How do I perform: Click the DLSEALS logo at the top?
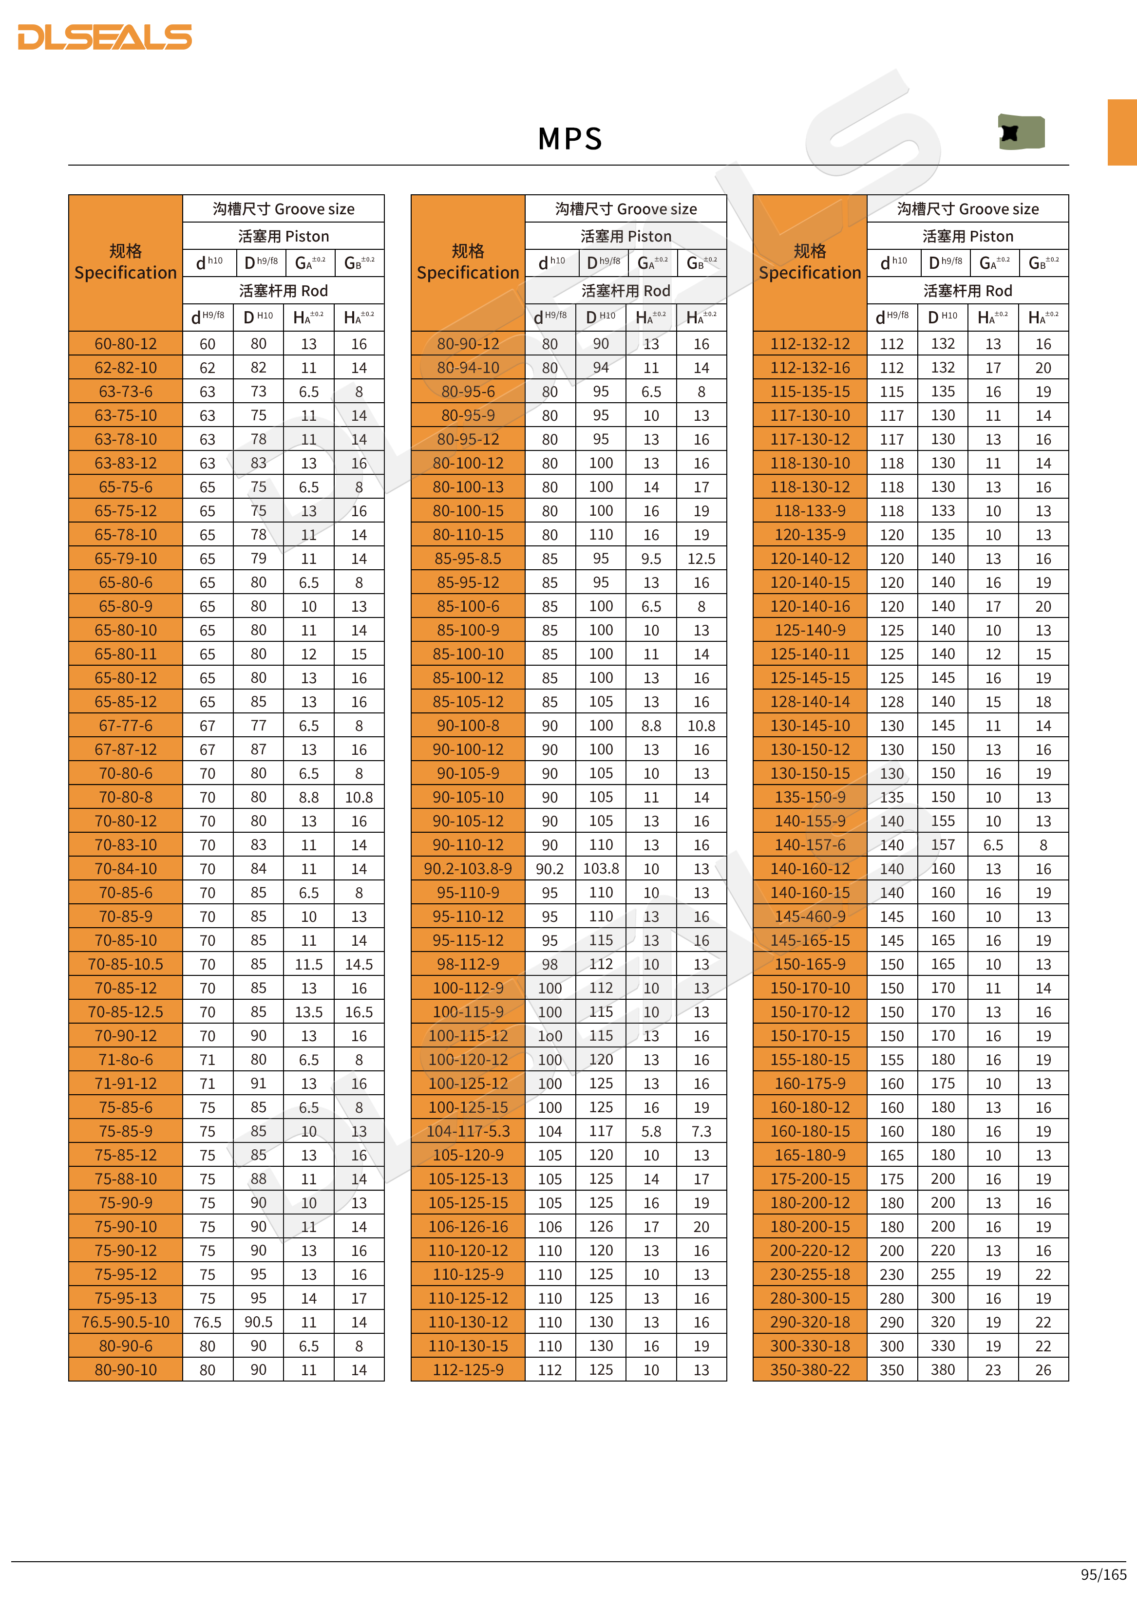click(105, 37)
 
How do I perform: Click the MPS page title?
click(570, 139)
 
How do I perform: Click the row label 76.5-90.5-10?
click(126, 1322)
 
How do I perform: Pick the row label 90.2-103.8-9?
click(468, 869)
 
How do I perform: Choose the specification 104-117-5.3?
click(468, 1131)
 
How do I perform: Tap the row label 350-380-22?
click(810, 1370)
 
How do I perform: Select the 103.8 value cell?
click(601, 869)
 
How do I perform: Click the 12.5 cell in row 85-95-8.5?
click(701, 559)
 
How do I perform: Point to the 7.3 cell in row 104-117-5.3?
click(701, 1131)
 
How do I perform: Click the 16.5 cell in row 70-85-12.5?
click(359, 1011)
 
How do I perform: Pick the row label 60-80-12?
click(126, 344)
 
